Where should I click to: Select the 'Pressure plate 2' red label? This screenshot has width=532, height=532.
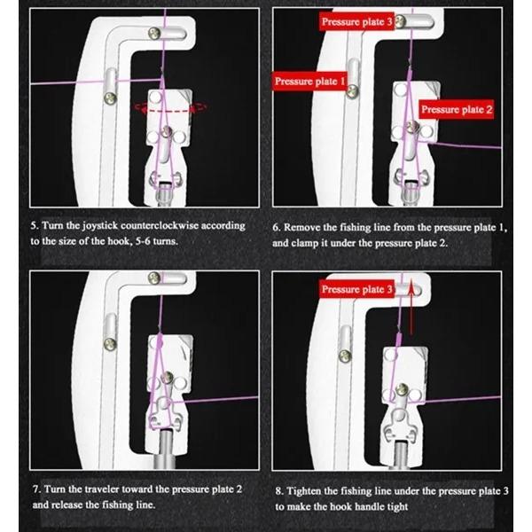(x=456, y=109)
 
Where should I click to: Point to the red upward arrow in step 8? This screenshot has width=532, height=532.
(x=411, y=293)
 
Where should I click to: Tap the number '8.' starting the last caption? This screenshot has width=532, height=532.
(x=278, y=489)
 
